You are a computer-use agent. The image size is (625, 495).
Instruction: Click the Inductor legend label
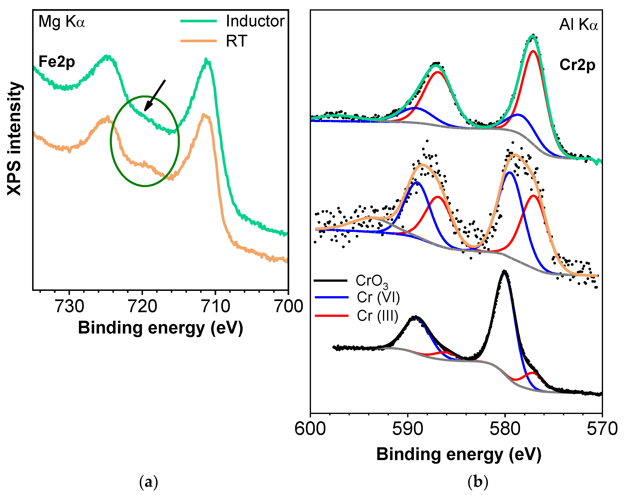pos(255,21)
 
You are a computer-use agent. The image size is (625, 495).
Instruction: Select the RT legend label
pos(236,41)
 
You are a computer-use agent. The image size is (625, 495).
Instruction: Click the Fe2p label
pos(57,62)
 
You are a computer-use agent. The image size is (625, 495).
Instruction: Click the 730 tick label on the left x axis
pos(70,307)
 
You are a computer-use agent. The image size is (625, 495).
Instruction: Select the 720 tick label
pos(143,307)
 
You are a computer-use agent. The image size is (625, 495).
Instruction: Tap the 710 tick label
pos(216,307)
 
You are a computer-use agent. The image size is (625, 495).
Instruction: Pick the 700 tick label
pos(288,307)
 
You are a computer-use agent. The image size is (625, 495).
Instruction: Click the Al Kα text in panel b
pos(578,24)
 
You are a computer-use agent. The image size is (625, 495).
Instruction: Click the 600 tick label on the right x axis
pos(310,429)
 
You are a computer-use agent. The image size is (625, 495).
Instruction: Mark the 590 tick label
pos(408,429)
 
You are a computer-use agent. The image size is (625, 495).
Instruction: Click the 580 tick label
pos(505,429)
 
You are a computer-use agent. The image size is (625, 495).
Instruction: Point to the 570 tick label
pos(602,429)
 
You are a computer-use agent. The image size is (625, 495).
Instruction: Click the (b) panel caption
pos(478,482)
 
